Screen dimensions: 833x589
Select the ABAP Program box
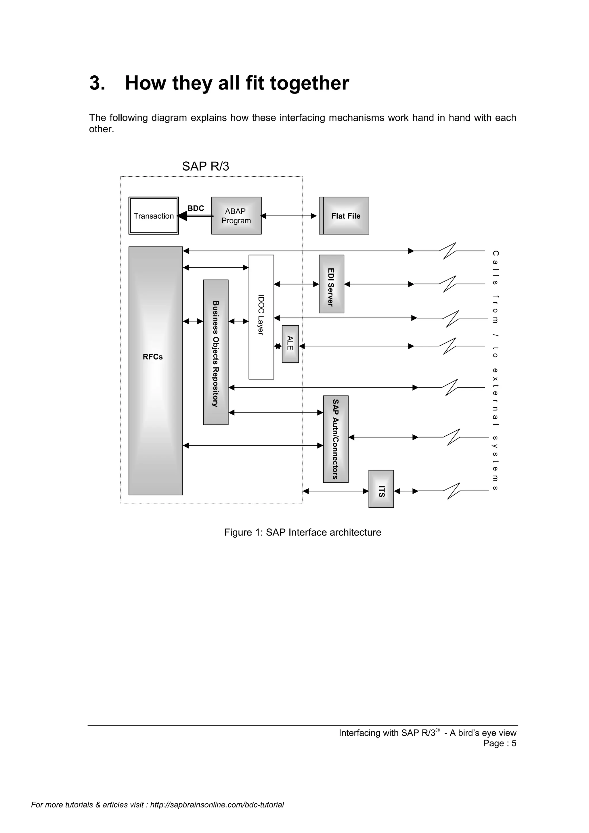tap(236, 215)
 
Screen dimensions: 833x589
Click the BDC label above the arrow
tap(196, 208)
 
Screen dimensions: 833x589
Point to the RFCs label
tap(153, 357)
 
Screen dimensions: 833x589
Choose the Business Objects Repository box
tap(215, 352)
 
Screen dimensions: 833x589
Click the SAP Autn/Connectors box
tap(336, 439)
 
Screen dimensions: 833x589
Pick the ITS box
tap(381, 489)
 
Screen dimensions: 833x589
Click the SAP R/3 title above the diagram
tap(205, 166)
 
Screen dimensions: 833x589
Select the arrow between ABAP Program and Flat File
tap(289, 216)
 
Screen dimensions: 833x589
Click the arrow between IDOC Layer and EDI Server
tap(296, 284)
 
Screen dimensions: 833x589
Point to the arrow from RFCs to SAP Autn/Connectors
tap(253, 446)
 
